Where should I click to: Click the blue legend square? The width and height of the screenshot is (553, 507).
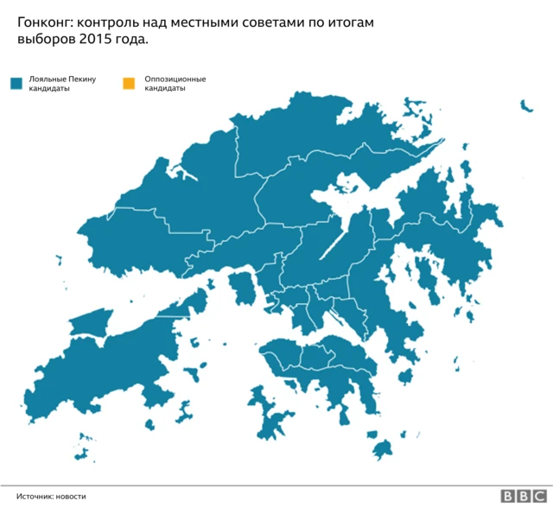click(15, 84)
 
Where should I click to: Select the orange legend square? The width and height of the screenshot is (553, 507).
click(129, 84)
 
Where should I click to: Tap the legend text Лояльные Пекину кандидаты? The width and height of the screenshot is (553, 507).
click(60, 84)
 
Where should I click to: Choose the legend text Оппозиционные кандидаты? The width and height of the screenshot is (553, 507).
click(175, 84)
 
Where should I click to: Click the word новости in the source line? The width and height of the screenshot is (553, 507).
click(72, 496)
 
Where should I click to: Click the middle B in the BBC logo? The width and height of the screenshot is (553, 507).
click(523, 496)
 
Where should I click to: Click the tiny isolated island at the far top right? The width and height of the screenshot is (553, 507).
click(525, 106)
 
